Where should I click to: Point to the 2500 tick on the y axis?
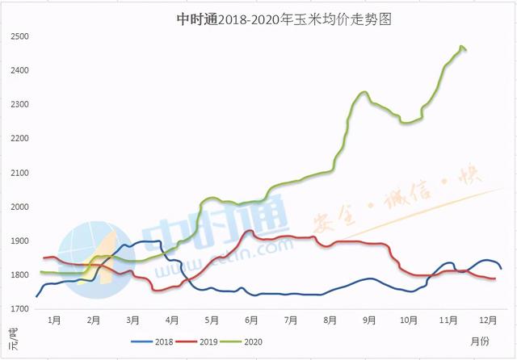coord(19,37)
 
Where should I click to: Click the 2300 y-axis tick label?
coord(19,105)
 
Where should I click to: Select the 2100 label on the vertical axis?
coord(19,174)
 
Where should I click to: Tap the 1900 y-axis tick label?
coord(19,241)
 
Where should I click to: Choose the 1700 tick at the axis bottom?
coord(19,309)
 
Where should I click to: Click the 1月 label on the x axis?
coord(54,320)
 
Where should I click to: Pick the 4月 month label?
coord(172,320)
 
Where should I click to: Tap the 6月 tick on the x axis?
coord(250,320)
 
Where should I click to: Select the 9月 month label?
coord(369,320)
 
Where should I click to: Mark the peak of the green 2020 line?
coord(461,47)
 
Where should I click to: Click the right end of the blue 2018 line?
coord(501,268)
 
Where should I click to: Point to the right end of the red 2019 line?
coord(495,278)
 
